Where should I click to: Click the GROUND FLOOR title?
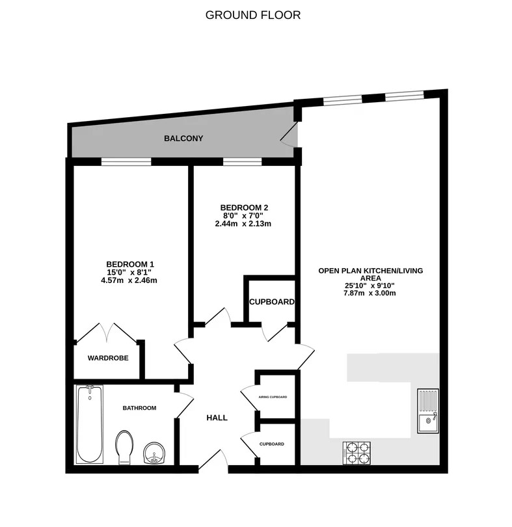pyautogui.click(x=253, y=15)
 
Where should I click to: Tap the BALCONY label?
pyautogui.click(x=183, y=139)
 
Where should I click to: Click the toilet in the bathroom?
pyautogui.click(x=124, y=448)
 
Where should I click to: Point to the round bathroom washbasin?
pyautogui.click(x=154, y=453)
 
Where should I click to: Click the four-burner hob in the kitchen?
pyautogui.click(x=357, y=453)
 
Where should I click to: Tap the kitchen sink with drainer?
pyautogui.click(x=428, y=411)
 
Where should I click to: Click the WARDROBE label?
pyautogui.click(x=108, y=358)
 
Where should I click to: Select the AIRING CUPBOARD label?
pyautogui.click(x=273, y=397)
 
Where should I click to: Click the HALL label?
pyautogui.click(x=217, y=418)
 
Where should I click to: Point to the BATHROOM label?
pyautogui.click(x=139, y=408)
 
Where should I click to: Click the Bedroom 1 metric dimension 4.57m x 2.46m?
pyautogui.click(x=129, y=280)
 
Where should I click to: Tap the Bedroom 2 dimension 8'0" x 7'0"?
pyautogui.click(x=243, y=215)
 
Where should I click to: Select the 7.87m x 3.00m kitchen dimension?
pyautogui.click(x=370, y=293)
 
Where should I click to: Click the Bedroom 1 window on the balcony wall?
pyautogui.click(x=126, y=162)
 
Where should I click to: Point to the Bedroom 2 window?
pyautogui.click(x=243, y=162)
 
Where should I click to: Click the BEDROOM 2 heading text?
pyautogui.click(x=244, y=208)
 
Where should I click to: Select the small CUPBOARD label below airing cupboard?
pyautogui.click(x=272, y=444)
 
